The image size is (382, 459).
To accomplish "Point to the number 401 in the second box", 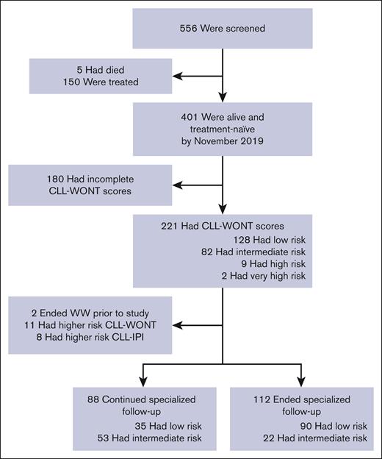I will pos(183,118).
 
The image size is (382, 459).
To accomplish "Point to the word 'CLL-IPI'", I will pos(148,328).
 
